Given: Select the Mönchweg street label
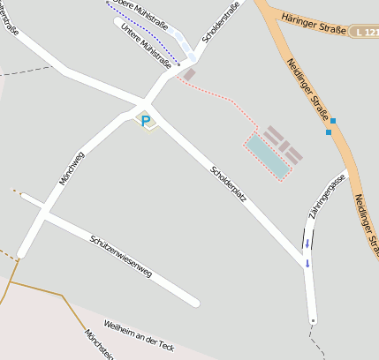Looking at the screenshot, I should (72, 168).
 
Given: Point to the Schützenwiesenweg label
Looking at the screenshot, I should (120, 256).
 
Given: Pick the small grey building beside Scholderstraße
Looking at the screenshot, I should (189, 75).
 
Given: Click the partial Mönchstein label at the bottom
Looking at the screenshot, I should (99, 345).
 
